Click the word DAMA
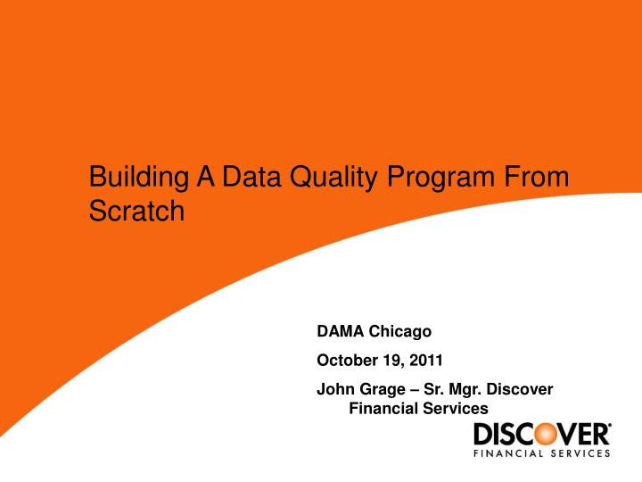[338, 331]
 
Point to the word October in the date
[345, 361]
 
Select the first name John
[333, 390]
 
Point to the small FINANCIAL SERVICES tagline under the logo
[541, 453]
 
